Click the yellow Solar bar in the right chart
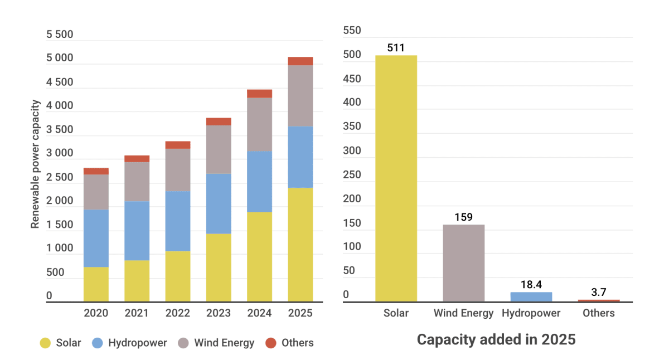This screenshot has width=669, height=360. click(396, 178)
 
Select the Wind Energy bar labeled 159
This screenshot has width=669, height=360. click(463, 263)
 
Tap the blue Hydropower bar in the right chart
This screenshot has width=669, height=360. click(531, 296)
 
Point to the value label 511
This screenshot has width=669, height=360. click(396, 48)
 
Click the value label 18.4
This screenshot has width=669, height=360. click(531, 284)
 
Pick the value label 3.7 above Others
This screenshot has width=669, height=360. click(598, 292)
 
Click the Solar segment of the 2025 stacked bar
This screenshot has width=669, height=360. click(300, 245)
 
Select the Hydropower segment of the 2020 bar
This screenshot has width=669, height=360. click(96, 238)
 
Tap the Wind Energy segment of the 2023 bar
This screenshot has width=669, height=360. click(219, 149)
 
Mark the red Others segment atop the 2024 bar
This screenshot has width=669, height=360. click(259, 93)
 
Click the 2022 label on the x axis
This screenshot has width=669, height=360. click(177, 313)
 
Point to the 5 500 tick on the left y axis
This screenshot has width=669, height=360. click(60, 35)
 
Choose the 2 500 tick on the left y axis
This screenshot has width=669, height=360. click(60, 178)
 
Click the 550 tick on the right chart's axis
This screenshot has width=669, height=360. click(352, 31)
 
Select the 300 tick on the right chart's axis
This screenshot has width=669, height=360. click(352, 151)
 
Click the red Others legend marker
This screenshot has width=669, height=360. click(270, 343)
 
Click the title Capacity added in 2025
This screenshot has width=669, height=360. click(496, 339)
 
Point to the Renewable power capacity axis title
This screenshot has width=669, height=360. click(36, 164)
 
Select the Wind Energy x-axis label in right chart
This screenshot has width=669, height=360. click(463, 313)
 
